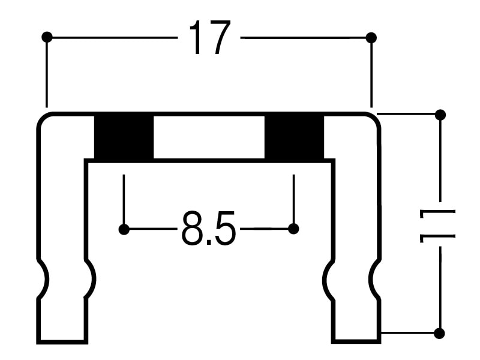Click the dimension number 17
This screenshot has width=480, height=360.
(x=209, y=38)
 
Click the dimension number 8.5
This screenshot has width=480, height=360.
(x=209, y=228)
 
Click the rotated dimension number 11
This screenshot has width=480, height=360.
(x=437, y=226)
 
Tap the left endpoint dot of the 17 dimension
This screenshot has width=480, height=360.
(x=47, y=37)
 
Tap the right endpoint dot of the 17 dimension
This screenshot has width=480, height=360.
(x=371, y=38)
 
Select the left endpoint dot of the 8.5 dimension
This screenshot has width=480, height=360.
(x=124, y=229)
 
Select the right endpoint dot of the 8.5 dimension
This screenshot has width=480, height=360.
(x=293, y=229)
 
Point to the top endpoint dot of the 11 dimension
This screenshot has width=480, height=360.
(x=440, y=115)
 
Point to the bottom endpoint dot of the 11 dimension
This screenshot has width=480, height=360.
(x=440, y=333)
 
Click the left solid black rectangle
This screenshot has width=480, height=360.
(x=124, y=137)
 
